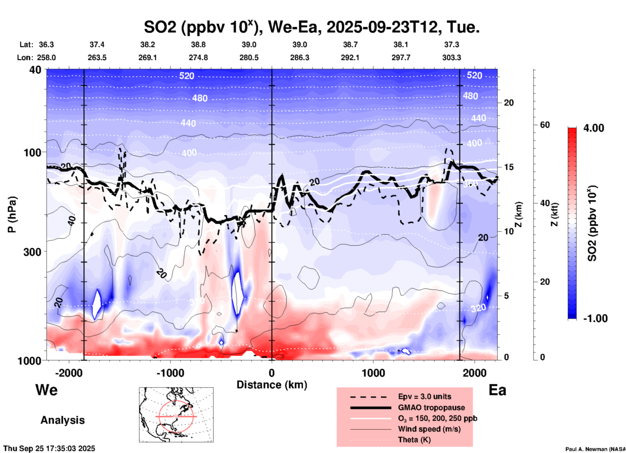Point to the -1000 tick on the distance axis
170,373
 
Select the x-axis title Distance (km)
272,385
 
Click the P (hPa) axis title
12,214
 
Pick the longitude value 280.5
249,58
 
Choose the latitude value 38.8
198,45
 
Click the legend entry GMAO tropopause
431,408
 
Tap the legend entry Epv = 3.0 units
424,397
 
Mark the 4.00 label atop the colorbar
593,128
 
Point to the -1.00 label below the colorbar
595,318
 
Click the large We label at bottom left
46,390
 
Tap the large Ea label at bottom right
497,390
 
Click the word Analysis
62,420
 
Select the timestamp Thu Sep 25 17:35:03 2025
49,448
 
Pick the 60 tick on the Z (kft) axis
545,125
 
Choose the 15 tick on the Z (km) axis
509,167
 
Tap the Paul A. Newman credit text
595,449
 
